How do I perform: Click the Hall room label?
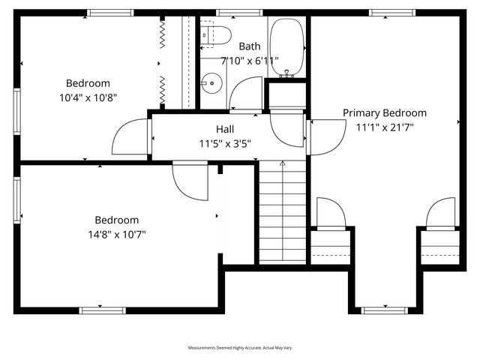225,129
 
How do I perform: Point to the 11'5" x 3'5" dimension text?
225,143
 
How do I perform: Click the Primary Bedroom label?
384,112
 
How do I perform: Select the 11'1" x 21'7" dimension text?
384,127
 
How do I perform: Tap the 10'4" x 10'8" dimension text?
88,97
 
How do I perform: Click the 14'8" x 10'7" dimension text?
116,234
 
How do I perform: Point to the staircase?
282,214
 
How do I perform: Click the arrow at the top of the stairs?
282,163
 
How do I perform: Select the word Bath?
250,46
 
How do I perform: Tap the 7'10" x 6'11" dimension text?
250,60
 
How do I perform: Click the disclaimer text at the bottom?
239,348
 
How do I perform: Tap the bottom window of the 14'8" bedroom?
103,310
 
